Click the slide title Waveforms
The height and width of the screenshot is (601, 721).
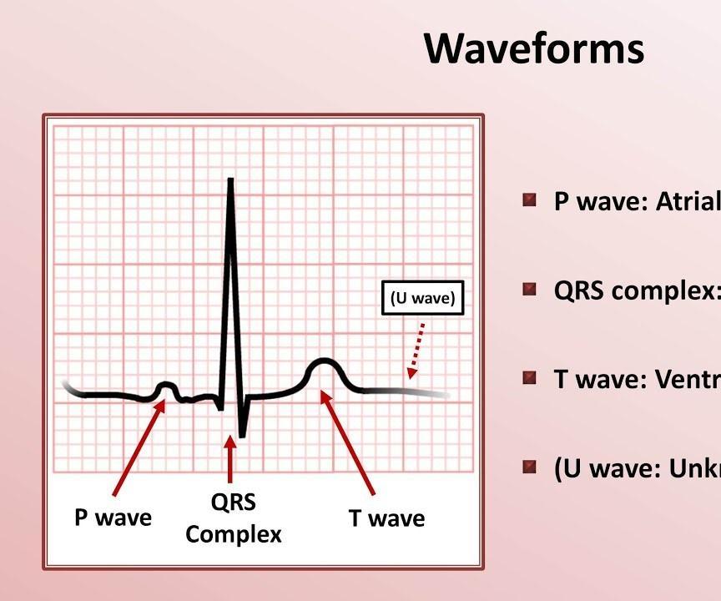click(x=534, y=48)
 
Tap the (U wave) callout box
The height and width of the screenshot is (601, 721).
click(x=423, y=299)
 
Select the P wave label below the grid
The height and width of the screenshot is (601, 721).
click(x=113, y=518)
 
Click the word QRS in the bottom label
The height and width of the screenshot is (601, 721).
click(x=233, y=503)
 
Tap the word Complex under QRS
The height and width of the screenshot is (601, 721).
click(x=233, y=533)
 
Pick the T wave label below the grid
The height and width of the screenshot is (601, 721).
click(x=386, y=518)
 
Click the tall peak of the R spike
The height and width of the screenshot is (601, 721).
click(x=230, y=182)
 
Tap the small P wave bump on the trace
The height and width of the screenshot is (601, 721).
click(x=166, y=386)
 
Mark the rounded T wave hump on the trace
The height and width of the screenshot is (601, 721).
click(x=322, y=364)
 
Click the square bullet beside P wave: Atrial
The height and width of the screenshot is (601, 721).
click(x=529, y=200)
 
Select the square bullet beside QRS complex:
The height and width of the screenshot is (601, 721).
click(x=529, y=290)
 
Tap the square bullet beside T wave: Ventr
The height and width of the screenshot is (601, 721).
click(x=529, y=378)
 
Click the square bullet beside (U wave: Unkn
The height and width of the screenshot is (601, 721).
click(x=529, y=467)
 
